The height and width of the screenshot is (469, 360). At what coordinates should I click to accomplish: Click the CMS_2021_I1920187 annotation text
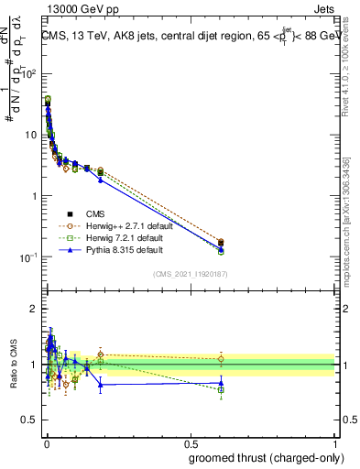pos(190,274)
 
